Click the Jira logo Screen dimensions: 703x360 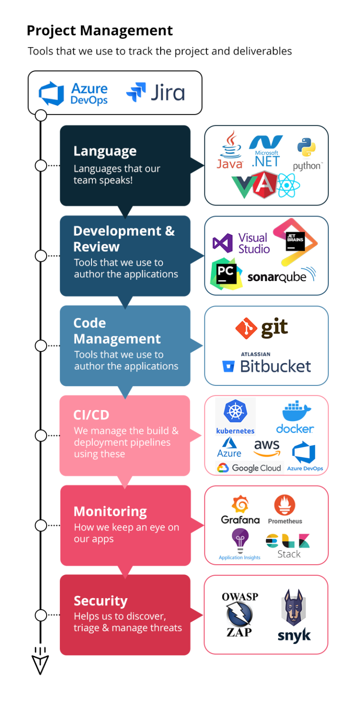click(x=156, y=92)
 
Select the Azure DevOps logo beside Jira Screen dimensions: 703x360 click(x=73, y=93)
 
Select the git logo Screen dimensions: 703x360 click(x=262, y=328)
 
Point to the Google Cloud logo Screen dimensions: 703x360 click(x=249, y=468)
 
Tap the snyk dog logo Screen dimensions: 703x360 click(x=294, y=615)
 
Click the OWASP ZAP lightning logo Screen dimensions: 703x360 click(x=240, y=615)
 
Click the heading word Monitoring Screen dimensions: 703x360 click(x=110, y=511)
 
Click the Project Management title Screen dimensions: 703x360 click(x=100, y=31)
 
